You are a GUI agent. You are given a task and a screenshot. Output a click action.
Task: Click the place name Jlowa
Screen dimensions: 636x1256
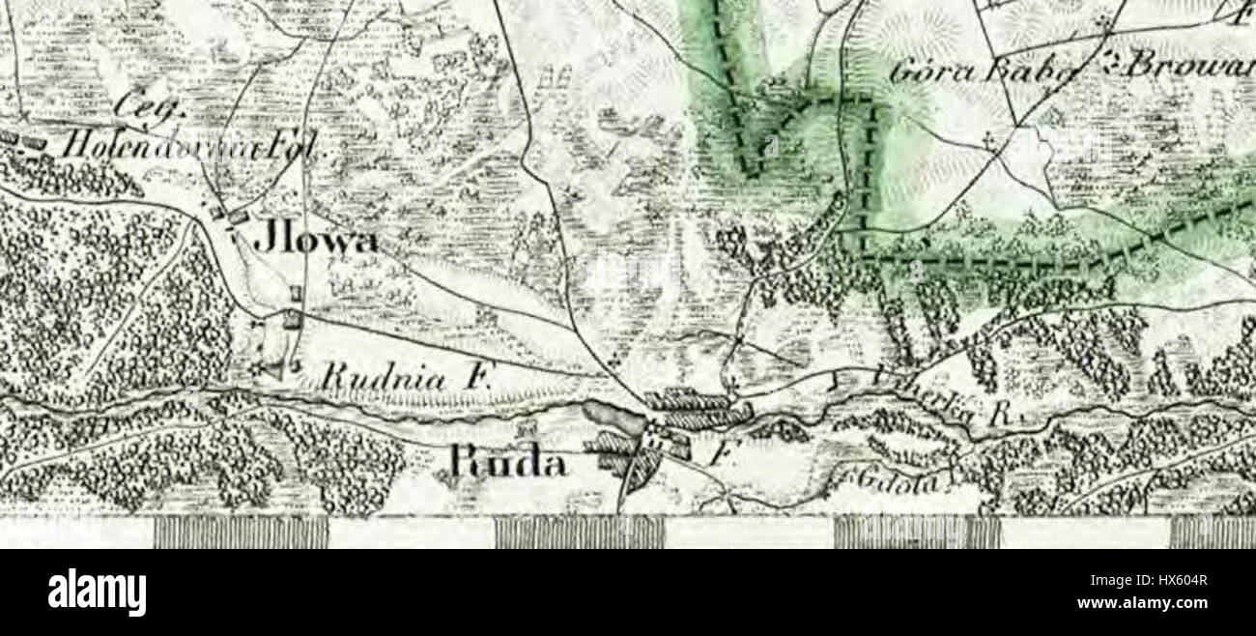315,241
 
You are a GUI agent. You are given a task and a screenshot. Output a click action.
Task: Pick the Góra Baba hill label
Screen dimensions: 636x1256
985,71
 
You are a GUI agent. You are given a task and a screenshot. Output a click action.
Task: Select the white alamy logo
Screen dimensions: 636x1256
97,593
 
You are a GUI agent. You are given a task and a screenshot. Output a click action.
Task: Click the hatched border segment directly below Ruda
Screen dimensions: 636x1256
579,532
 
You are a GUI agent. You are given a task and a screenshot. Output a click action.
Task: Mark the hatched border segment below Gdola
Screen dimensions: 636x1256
916,532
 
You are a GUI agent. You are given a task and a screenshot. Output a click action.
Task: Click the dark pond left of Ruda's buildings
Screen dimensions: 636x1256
612,419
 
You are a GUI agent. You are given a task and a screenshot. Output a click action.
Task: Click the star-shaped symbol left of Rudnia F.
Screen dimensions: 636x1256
259,367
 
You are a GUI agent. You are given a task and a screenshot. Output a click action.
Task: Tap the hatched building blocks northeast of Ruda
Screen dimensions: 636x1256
698,408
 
